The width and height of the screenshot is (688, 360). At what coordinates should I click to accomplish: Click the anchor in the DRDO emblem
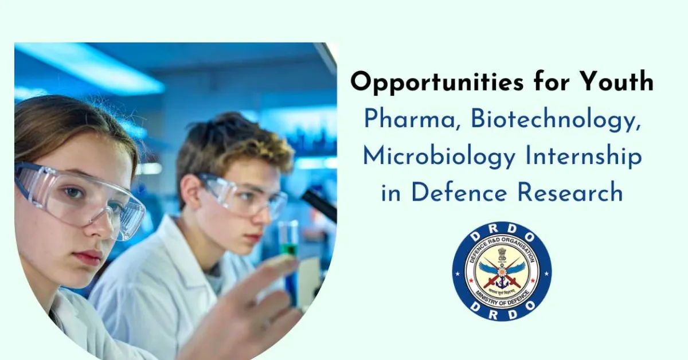(x=502, y=280)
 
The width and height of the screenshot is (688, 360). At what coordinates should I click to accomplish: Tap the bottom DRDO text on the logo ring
(x=502, y=312)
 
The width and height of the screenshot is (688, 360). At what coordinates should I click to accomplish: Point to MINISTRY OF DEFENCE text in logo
(x=502, y=299)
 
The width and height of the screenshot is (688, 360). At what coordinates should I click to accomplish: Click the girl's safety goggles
(x=80, y=198)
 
